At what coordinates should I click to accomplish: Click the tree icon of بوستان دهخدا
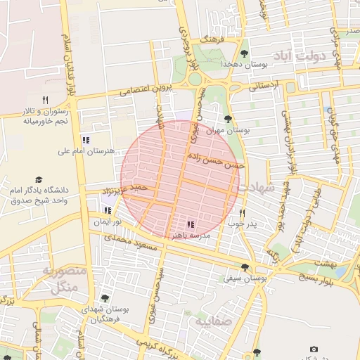tap(244, 53)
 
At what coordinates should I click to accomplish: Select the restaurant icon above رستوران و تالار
tap(46, 100)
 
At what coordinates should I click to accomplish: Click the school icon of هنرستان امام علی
tap(86, 140)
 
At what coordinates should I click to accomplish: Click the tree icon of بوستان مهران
tap(227, 119)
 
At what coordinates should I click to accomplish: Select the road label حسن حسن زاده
tap(215, 162)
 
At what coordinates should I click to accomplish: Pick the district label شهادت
tap(256, 188)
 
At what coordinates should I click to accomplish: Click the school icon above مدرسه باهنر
tap(191, 224)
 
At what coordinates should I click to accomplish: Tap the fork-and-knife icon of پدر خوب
tap(242, 213)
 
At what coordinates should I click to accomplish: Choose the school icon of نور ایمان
tap(108, 210)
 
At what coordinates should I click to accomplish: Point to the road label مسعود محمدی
tap(134, 245)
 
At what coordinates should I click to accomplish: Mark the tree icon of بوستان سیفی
tap(244, 267)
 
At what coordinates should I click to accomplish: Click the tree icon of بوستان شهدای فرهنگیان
tap(105, 298)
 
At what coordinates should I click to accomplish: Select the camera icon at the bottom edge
tap(314, 349)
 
